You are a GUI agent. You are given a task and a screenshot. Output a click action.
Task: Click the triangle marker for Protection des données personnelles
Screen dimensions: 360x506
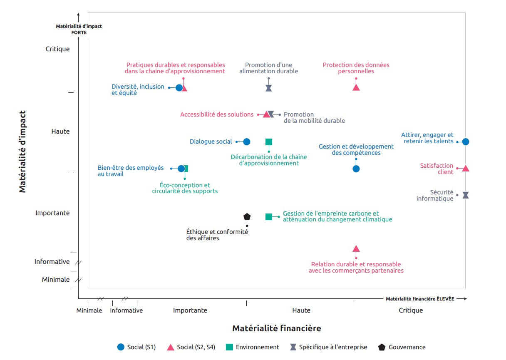(356, 87)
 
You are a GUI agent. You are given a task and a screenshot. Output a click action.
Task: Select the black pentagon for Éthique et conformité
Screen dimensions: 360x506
(247, 217)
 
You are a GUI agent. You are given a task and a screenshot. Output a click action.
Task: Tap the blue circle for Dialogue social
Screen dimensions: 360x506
(246, 142)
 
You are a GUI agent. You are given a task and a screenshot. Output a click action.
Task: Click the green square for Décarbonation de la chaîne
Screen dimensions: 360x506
(269, 142)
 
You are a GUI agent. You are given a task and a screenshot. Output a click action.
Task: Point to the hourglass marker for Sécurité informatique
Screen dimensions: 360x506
(466, 195)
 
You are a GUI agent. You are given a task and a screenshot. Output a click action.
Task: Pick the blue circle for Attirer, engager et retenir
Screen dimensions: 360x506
(466, 142)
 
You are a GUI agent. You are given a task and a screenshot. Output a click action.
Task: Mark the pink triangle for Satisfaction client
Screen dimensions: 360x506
(466, 168)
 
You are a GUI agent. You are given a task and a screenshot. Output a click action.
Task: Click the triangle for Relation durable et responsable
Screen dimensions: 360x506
(356, 248)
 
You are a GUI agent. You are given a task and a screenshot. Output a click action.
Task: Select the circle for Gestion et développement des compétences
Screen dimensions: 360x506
(356, 169)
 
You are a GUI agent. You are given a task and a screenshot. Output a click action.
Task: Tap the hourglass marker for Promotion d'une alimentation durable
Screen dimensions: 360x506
(269, 88)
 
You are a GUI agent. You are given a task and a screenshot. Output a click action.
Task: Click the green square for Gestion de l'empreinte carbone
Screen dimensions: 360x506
(269, 216)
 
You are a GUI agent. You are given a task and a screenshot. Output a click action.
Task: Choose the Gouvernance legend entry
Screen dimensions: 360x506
(402, 347)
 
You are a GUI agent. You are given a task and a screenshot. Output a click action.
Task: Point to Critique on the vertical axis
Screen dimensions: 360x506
(57, 49)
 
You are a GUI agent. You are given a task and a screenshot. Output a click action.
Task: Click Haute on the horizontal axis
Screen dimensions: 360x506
(301, 310)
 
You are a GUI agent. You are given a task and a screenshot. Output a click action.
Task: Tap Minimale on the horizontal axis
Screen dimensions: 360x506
(89, 310)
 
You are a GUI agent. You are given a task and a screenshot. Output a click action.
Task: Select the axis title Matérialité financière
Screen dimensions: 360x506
(277, 328)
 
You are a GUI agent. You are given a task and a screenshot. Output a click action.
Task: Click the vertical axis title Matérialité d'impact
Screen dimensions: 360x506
(22, 151)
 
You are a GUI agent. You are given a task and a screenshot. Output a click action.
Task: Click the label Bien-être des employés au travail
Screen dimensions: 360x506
(131, 171)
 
